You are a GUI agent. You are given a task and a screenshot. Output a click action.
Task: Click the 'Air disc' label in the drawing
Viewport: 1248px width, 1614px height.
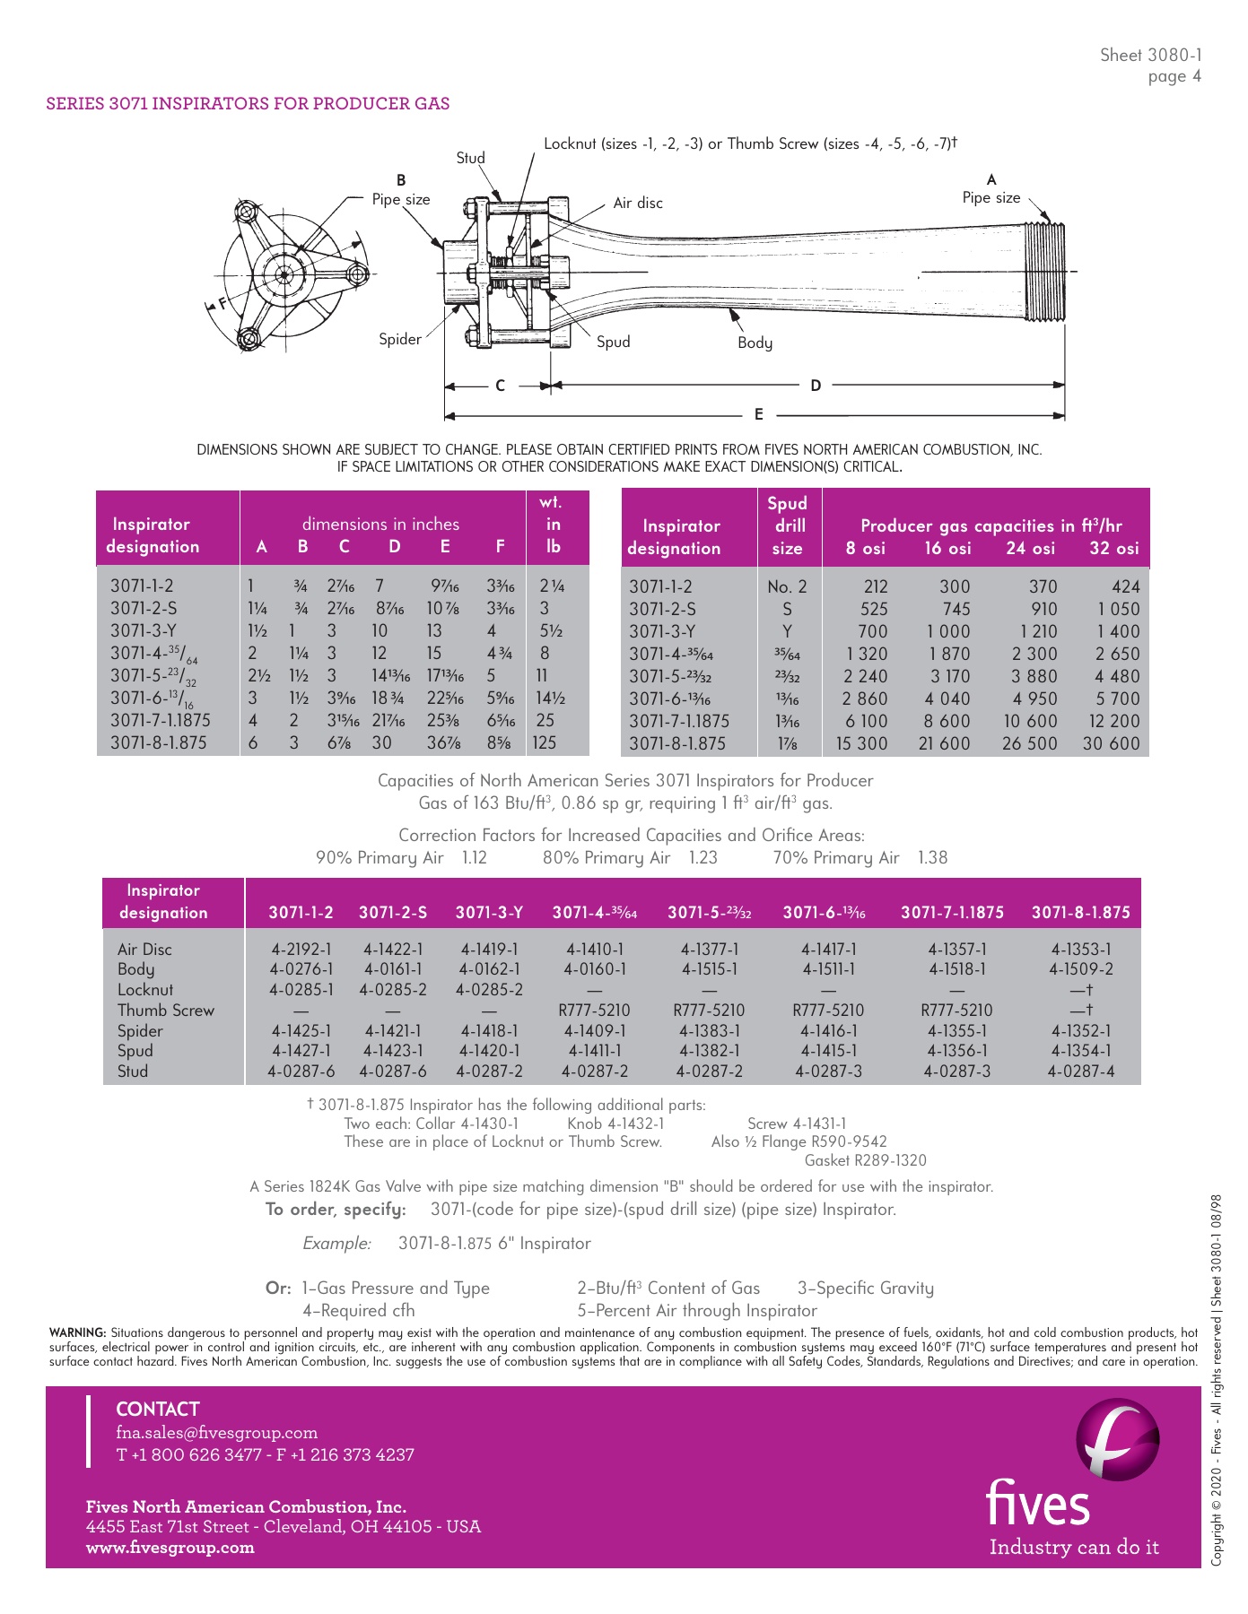pyautogui.click(x=638, y=204)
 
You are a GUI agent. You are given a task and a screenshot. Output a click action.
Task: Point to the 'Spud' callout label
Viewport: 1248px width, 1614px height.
pyautogui.click(x=614, y=342)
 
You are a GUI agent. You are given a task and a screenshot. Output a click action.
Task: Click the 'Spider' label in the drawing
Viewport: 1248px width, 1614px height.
pyautogui.click(x=400, y=339)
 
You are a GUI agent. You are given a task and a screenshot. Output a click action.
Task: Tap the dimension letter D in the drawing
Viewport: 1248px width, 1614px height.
pyautogui.click(x=816, y=386)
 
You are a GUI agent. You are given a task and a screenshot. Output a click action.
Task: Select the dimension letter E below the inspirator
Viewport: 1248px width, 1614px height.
pyautogui.click(x=759, y=414)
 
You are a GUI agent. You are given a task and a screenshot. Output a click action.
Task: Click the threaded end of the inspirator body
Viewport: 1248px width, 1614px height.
pyautogui.click(x=1046, y=270)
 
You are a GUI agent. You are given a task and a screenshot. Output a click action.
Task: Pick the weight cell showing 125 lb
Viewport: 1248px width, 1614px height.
pyautogui.click(x=545, y=742)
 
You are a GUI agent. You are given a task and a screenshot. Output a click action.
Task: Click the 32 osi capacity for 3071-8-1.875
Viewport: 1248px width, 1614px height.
pyautogui.click(x=1111, y=743)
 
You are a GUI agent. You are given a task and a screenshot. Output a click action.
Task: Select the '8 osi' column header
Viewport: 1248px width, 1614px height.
pyautogui.click(x=865, y=548)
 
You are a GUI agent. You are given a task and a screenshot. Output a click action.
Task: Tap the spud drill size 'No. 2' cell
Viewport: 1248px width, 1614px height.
pyautogui.click(x=787, y=586)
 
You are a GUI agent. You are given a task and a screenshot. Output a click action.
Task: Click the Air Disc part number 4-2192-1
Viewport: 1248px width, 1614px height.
pyautogui.click(x=301, y=949)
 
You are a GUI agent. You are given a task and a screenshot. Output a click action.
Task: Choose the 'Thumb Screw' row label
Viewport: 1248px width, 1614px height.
pyautogui.click(x=166, y=1011)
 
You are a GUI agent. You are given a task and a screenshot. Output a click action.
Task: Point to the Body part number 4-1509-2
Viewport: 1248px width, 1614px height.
pyautogui.click(x=1081, y=969)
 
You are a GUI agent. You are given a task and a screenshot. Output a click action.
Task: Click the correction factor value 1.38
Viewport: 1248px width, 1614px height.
pyautogui.click(x=932, y=857)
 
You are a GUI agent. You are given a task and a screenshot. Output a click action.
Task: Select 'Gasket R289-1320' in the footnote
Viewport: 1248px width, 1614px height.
pyautogui.click(x=865, y=1160)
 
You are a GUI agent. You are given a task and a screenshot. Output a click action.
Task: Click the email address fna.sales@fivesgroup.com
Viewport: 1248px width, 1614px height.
pyautogui.click(x=217, y=1433)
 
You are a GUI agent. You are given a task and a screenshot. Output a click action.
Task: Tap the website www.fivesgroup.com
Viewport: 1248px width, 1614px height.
pyautogui.click(x=170, y=1547)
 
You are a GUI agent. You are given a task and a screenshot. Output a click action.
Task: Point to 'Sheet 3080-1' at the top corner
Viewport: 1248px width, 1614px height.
pyautogui.click(x=1151, y=56)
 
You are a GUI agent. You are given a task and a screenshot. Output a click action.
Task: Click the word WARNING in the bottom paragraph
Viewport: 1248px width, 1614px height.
pyautogui.click(x=77, y=1333)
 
